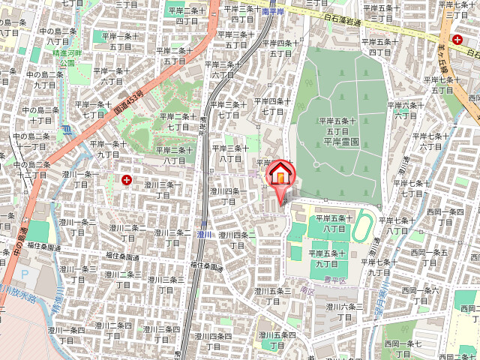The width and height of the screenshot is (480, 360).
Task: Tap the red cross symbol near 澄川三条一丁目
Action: (x=126, y=180)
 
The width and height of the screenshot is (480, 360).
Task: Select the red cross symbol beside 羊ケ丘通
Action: (x=456, y=39)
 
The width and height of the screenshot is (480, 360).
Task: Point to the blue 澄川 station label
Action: (x=204, y=235)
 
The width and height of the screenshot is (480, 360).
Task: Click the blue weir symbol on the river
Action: (x=67, y=129)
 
